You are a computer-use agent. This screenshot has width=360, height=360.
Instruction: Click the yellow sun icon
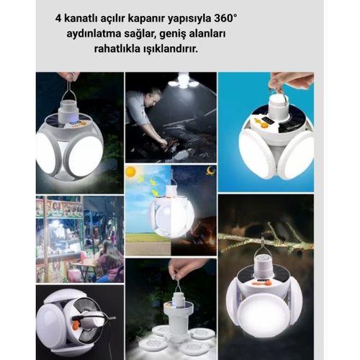(x=131, y=172)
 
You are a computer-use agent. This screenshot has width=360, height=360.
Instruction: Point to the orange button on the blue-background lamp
(x=264, y=124)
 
